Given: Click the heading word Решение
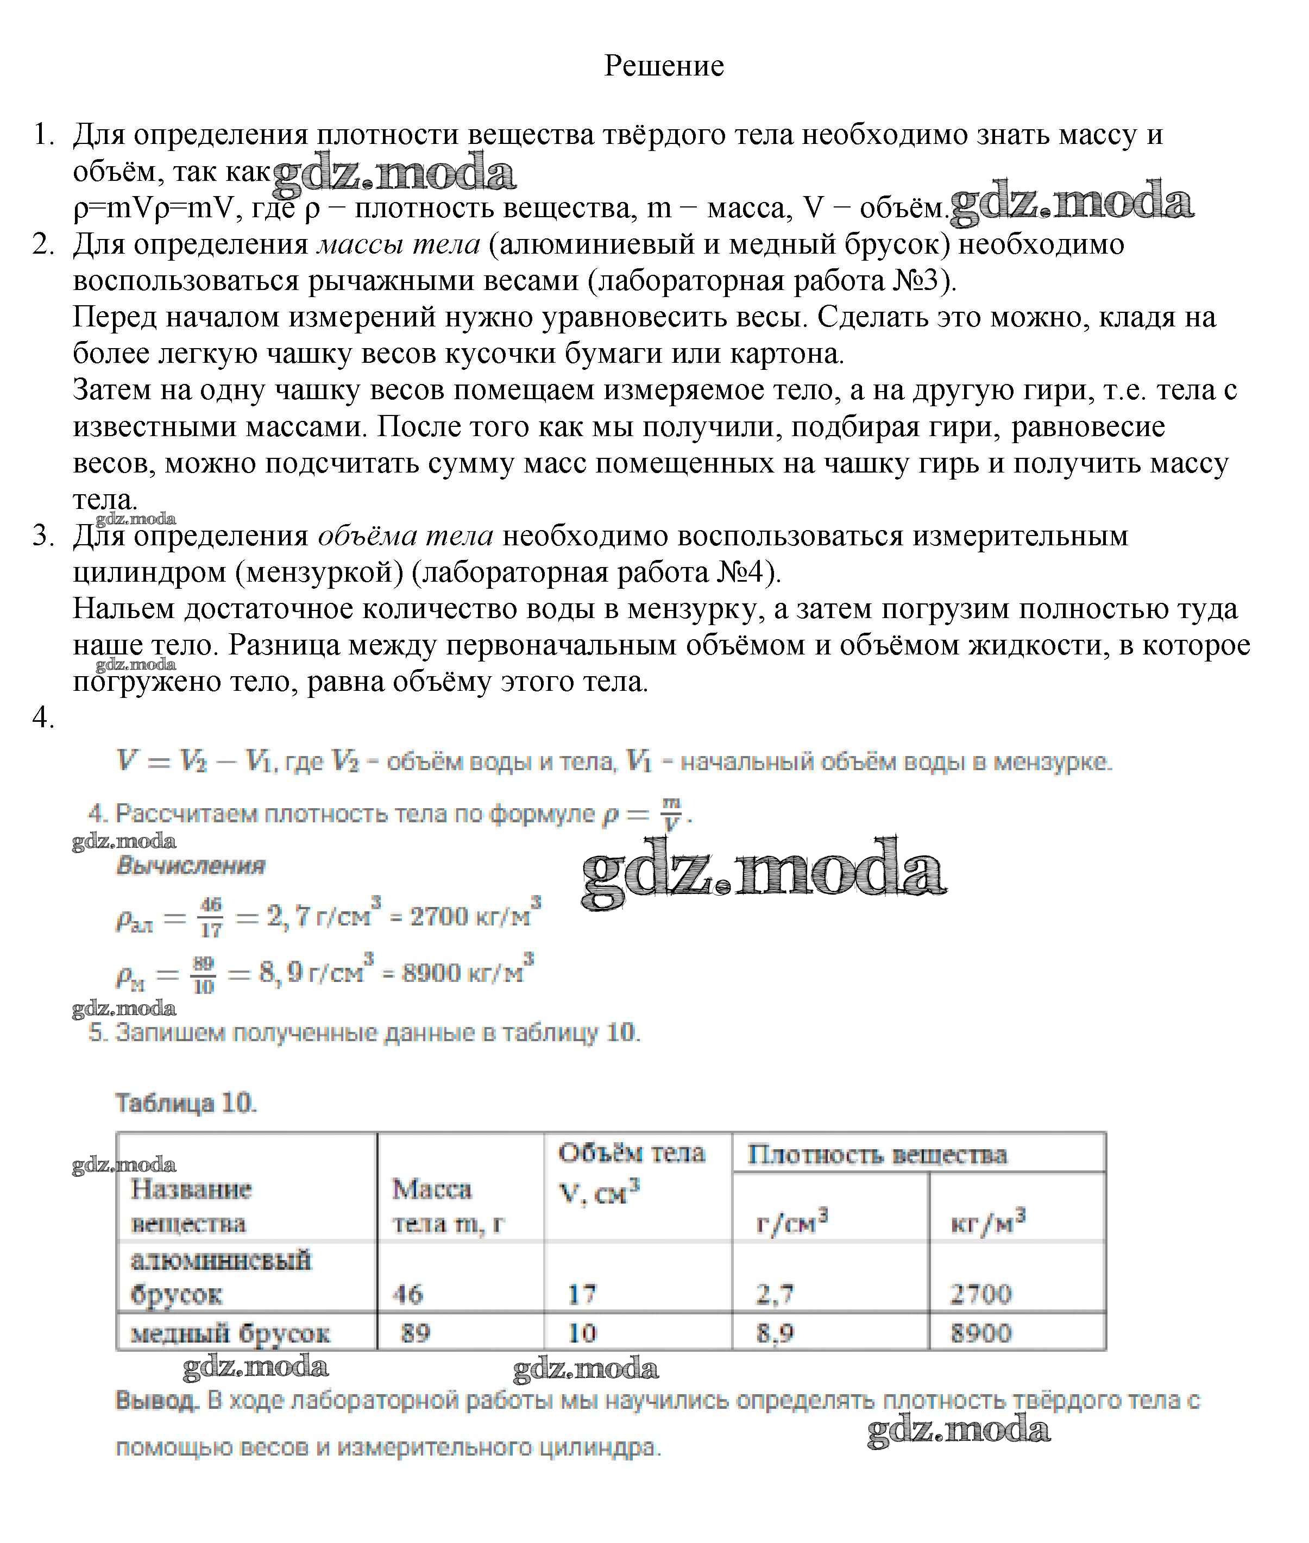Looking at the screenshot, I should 663,66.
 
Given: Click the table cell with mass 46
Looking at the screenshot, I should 407,1294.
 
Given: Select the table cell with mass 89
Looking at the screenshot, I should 416,1333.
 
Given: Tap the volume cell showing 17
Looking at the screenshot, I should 582,1294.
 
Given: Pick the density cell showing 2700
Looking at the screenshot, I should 980,1294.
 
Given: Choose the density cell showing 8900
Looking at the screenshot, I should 980,1333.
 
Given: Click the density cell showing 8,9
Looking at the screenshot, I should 775,1333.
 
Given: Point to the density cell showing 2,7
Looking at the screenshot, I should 775,1294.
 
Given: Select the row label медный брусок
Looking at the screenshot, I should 230,1333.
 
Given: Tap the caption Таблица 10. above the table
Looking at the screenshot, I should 186,1103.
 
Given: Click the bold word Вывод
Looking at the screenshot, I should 158,1401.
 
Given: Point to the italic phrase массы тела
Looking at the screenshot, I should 399,244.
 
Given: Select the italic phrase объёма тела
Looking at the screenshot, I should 405,536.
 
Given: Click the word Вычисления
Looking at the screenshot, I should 191,866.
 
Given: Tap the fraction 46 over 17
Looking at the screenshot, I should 211,917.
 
